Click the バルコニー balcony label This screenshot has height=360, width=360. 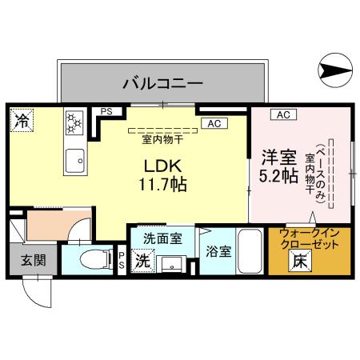pos(162,82)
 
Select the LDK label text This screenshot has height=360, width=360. pos(163,166)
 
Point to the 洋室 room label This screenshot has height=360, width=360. pos(271,155)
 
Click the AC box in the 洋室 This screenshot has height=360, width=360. pos(282,114)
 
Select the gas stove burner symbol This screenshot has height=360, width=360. pos(74,123)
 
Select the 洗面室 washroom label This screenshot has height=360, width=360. pos(162,238)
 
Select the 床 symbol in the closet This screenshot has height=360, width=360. pos(298,260)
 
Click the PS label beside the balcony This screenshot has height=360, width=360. pos(106,113)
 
